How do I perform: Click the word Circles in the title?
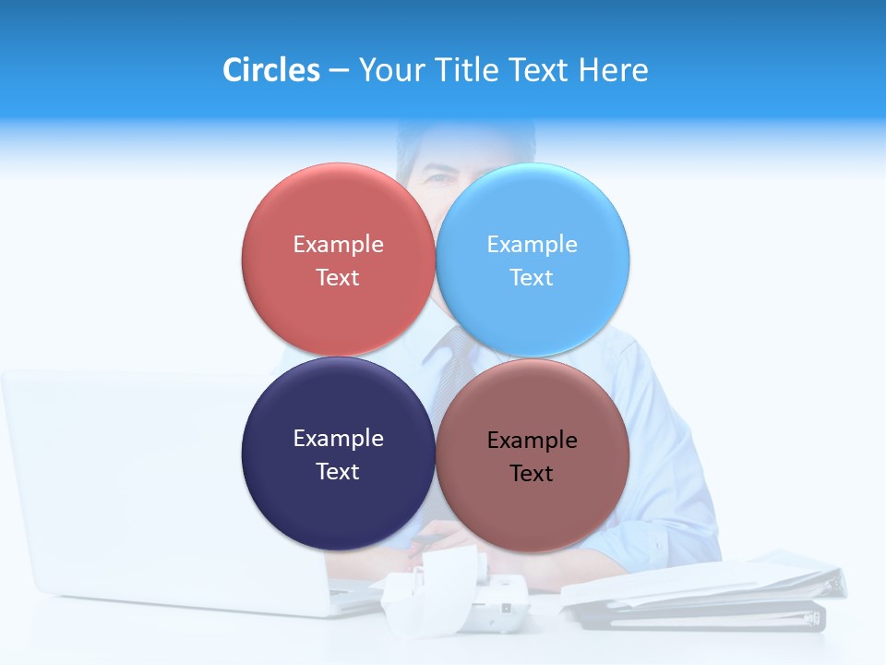coord(270,70)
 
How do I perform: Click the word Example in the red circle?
coord(338,245)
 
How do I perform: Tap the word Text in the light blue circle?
coord(532,278)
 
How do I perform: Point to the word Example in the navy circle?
coord(338,439)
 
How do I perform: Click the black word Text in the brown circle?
coord(532,474)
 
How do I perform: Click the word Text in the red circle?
coord(338,278)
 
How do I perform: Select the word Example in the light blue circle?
coord(532,245)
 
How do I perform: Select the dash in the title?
coord(339,71)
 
